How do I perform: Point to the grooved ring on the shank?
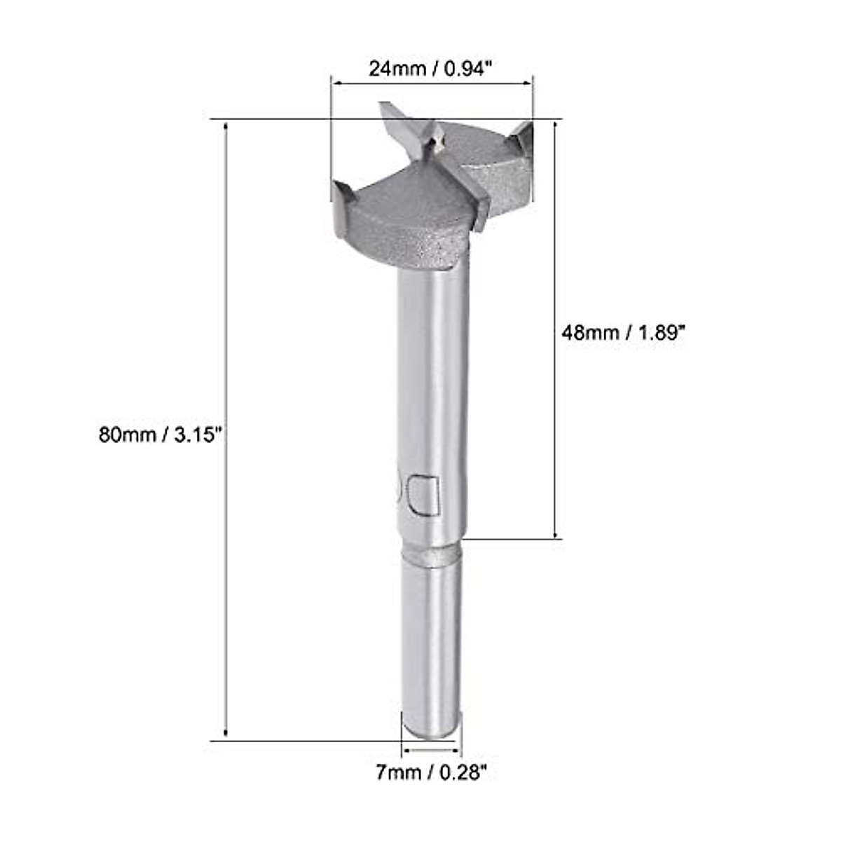(x=431, y=555)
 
